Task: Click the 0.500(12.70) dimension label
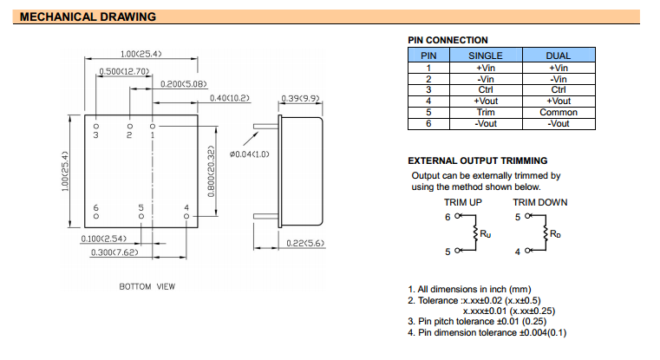coord(126,71)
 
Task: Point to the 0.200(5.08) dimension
coord(183,84)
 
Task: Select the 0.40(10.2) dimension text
coord(229,98)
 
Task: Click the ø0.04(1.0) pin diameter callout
coord(250,154)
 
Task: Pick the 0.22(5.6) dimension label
coord(304,243)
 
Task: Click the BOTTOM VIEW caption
coord(147,286)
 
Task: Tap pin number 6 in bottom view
coord(96,207)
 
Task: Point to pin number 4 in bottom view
coord(186,207)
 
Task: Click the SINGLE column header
coord(485,56)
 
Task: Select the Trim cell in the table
coord(485,113)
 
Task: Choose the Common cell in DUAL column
coord(558,113)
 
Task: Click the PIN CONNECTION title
coord(448,40)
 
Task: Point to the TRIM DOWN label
coord(539,203)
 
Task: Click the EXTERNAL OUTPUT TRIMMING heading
coord(477,160)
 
